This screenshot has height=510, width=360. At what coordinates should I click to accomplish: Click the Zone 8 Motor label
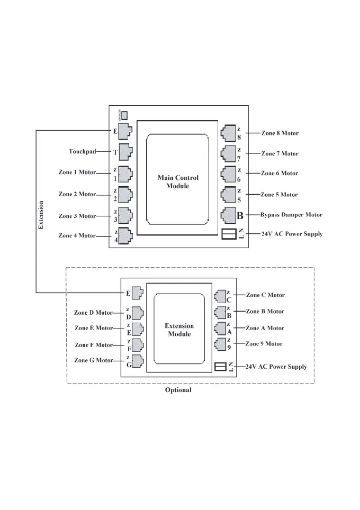tap(280, 133)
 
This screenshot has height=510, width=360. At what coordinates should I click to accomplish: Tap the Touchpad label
tap(82, 151)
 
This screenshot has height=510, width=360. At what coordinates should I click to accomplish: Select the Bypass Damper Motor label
tap(291, 215)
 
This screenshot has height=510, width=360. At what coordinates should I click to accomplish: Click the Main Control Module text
tap(178, 182)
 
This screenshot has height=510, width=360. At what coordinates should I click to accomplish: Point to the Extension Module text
tap(179, 330)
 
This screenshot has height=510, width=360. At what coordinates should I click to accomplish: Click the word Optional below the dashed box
tap(178, 390)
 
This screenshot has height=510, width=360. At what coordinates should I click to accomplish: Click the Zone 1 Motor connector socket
tap(125, 174)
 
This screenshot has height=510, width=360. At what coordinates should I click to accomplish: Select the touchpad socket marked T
tap(125, 152)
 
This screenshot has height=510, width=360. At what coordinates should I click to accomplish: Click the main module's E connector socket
tap(125, 131)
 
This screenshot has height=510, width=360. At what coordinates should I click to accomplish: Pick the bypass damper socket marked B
tap(228, 215)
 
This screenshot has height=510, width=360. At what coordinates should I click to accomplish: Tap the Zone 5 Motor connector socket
tap(228, 195)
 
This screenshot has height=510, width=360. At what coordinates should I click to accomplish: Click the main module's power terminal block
tap(229, 234)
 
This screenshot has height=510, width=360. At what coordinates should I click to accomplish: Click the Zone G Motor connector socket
tap(137, 361)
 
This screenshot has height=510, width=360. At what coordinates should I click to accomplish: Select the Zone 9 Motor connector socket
tap(220, 344)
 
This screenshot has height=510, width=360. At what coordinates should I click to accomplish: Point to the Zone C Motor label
tap(265, 295)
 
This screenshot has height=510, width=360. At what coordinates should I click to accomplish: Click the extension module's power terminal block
tap(221, 366)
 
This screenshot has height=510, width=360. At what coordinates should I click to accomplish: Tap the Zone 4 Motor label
tap(77, 235)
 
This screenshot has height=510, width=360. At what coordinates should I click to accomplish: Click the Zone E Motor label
tap(94, 328)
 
